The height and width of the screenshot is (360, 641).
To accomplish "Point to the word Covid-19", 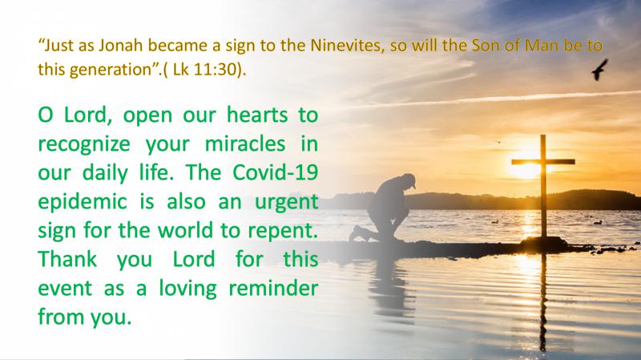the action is coord(275,172).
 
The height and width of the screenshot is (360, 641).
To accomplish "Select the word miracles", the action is coord(245,144).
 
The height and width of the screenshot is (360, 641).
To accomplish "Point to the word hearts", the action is coord(257,115).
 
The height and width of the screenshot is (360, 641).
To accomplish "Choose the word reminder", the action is coord(273,288).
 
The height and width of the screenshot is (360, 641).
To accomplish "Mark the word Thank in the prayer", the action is coord(67,259).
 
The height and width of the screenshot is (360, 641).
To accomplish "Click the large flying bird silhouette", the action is coord(599,70).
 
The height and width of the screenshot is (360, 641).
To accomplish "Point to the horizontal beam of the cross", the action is coord(543,162).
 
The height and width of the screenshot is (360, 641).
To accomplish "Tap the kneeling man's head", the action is coord(407,180).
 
